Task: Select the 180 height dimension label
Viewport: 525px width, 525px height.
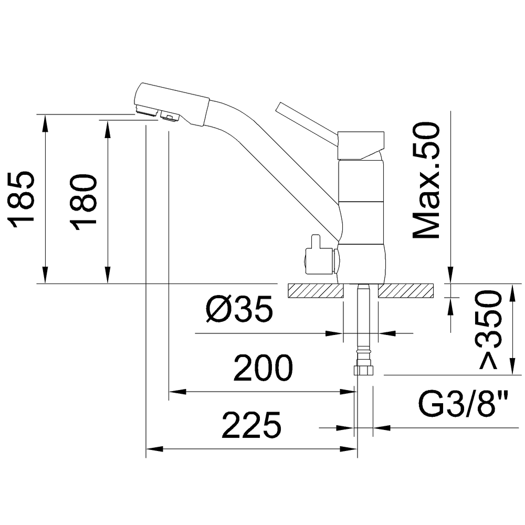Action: coord(83,202)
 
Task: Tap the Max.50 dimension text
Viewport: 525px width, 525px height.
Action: coord(426,181)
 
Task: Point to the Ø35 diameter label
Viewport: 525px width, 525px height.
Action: coord(239,309)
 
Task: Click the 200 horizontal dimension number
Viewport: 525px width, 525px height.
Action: coord(263,368)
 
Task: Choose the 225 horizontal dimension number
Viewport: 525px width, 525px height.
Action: coord(251,425)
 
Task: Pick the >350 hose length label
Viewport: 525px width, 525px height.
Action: coord(490,330)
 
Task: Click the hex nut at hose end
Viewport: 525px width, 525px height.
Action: coord(363,370)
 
